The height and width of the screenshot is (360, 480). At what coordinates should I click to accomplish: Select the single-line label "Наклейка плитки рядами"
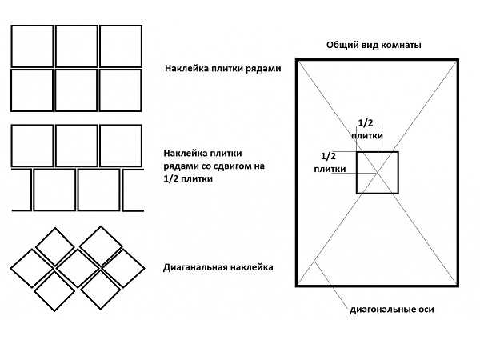[222, 69]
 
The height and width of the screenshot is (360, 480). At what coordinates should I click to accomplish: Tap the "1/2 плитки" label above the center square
[366, 129]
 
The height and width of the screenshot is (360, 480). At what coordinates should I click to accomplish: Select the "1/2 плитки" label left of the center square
[329, 162]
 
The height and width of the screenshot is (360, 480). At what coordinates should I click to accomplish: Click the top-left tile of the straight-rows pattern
[32, 46]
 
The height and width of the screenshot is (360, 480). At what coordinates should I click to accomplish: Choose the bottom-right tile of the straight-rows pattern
[121, 90]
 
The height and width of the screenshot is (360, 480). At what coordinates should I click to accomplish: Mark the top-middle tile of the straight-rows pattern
[77, 46]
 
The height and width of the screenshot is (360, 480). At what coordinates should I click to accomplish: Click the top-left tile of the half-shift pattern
[32, 145]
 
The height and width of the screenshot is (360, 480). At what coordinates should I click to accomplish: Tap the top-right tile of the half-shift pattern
[121, 145]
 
